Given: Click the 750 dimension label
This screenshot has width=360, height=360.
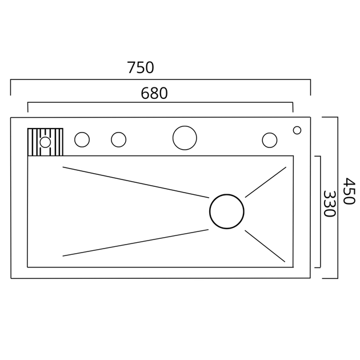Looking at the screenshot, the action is [x=141, y=67].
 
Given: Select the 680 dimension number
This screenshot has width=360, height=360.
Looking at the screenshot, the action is [x=154, y=93].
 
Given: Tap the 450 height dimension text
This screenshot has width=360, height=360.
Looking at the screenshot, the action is [x=349, y=190].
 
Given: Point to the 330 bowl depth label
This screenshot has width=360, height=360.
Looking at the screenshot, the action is [x=330, y=204].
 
